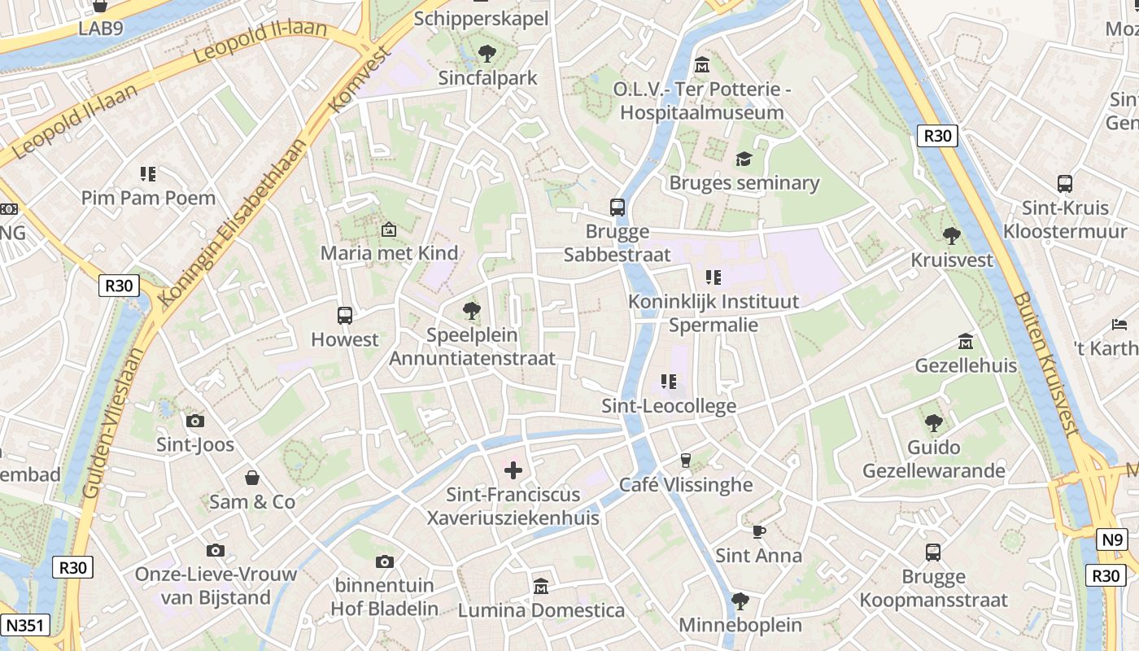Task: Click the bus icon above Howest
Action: [x=345, y=316]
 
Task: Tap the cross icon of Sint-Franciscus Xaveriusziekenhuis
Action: [x=513, y=470]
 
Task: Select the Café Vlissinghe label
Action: [x=686, y=485]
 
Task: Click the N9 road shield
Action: [x=1112, y=539]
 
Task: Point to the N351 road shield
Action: [x=25, y=625]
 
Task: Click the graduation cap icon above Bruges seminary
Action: [x=744, y=159]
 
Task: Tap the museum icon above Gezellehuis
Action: [x=966, y=341]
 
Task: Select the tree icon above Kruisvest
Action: [x=951, y=236]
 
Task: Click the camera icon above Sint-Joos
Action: [x=195, y=421]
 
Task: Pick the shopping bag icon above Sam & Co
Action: [x=252, y=478]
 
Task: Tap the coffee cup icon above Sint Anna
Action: [x=758, y=531]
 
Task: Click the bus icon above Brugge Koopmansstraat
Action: [x=933, y=553]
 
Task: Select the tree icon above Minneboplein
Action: [x=740, y=601]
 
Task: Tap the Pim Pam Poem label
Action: [x=148, y=198]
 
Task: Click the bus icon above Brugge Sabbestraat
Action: [x=618, y=208]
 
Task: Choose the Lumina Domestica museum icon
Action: [x=541, y=586]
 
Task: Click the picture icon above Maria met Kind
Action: [x=389, y=229]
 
